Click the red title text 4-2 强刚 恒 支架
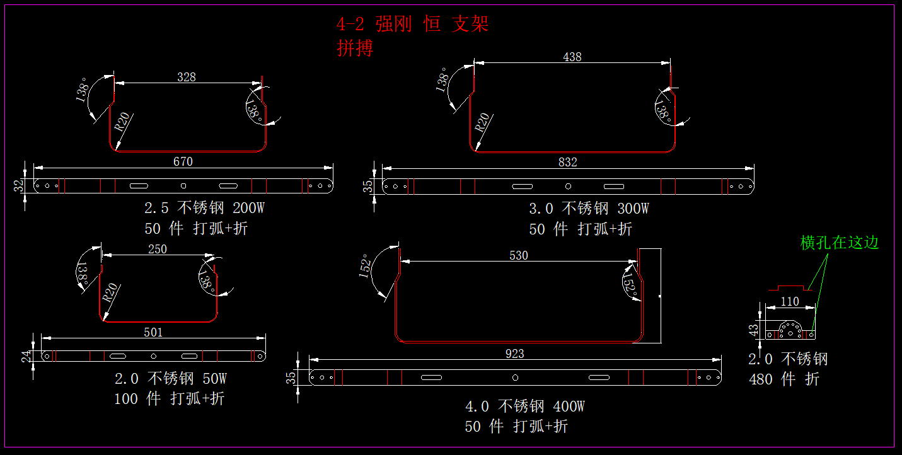pyautogui.click(x=413, y=25)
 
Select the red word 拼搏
pyautogui.click(x=355, y=49)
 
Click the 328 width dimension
pyautogui.click(x=187, y=77)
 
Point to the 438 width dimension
pyautogui.click(x=572, y=57)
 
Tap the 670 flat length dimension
pyautogui.click(x=183, y=162)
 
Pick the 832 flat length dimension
pyautogui.click(x=567, y=163)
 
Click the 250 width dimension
pyautogui.click(x=157, y=250)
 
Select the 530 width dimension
pyautogui.click(x=518, y=255)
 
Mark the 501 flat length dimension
pyautogui.click(x=153, y=332)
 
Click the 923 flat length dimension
pyautogui.click(x=514, y=354)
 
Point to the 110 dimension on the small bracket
pyautogui.click(x=789, y=302)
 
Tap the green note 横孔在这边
pyautogui.click(x=839, y=243)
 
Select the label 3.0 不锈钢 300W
pyautogui.click(x=589, y=209)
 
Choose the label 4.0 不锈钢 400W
pyautogui.click(x=524, y=406)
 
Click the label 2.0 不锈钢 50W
pyautogui.click(x=170, y=379)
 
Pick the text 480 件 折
pyautogui.click(x=783, y=379)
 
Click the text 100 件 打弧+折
pyautogui.click(x=169, y=399)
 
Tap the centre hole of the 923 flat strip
pyautogui.click(x=515, y=377)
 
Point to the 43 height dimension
pyautogui.click(x=752, y=330)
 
